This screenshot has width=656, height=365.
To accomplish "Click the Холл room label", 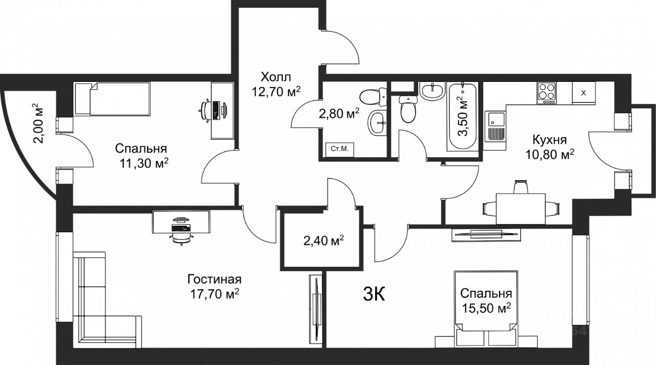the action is pyautogui.click(x=276, y=77).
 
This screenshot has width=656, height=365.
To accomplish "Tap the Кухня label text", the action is pyautogui.click(x=549, y=140).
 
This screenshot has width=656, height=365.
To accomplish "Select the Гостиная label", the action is pyautogui.click(x=214, y=280).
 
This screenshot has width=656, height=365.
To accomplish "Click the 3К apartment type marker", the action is pyautogui.click(x=374, y=294).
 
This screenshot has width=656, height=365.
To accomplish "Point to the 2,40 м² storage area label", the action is pyautogui.click(x=323, y=242).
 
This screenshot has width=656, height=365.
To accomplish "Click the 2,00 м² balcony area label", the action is pyautogui.click(x=39, y=123).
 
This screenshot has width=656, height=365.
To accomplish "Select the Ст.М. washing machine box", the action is pyautogui.click(x=340, y=149).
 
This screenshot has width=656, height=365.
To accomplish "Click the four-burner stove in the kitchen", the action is pyautogui.click(x=546, y=93).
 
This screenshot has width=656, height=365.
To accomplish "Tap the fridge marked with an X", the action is pyautogui.click(x=584, y=93).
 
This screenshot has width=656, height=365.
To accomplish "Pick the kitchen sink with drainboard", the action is pyautogui.click(x=495, y=126).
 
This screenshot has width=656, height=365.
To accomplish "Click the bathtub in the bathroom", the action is pyautogui.click(x=463, y=116).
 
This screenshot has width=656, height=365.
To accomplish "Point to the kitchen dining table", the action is pyautogui.click(x=521, y=208).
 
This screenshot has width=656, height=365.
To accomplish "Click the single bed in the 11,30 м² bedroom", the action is pyautogui.click(x=112, y=99).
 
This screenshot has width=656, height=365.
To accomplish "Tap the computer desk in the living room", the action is pyautogui.click(x=181, y=222).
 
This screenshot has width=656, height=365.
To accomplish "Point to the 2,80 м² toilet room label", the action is pyautogui.click(x=339, y=113).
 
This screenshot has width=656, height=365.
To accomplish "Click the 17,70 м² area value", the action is pyautogui.click(x=215, y=294).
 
